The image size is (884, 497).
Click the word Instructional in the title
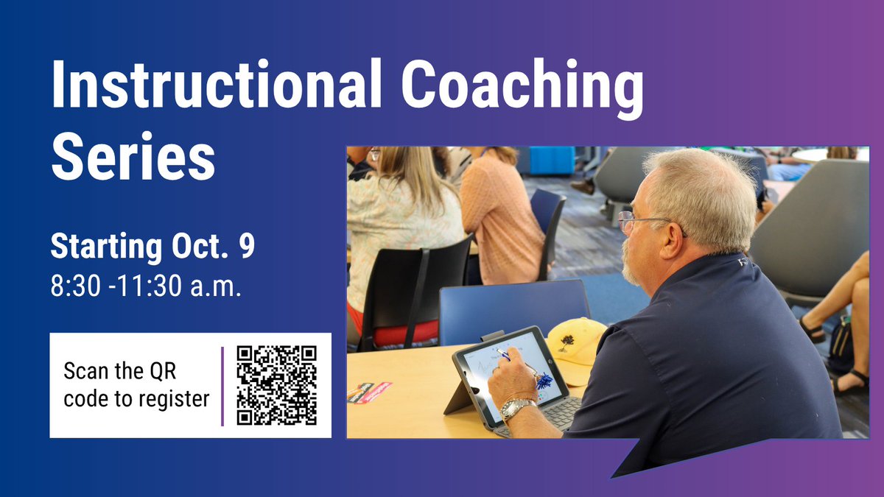point(214,86)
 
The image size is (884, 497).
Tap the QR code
point(276,385)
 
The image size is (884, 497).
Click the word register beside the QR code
point(175,399)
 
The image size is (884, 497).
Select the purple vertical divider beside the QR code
point(222,386)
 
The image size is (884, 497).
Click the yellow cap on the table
point(576,342)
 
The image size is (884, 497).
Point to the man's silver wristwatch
point(517,408)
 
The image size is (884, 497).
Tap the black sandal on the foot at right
point(847,384)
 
